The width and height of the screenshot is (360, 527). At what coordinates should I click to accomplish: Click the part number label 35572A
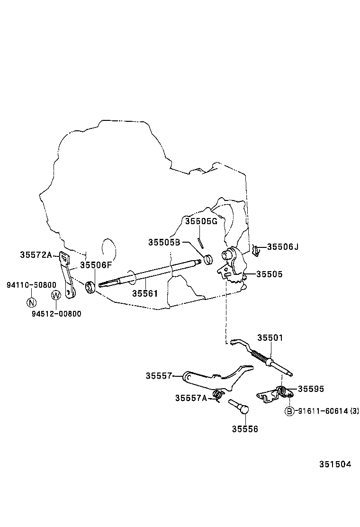pyautogui.click(x=36, y=254)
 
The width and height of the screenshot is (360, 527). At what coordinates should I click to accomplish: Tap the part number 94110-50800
pyautogui.click(x=31, y=285)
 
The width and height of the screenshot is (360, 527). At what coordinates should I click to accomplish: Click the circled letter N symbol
pyautogui.click(x=31, y=302)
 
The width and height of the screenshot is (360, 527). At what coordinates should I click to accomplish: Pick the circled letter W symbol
pyautogui.click(x=56, y=296)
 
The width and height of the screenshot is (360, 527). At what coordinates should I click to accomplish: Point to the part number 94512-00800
pyautogui.click(x=56, y=313)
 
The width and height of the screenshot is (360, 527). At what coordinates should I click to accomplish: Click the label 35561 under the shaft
pyautogui.click(x=144, y=293)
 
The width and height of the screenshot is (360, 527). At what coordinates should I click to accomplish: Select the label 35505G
pyautogui.click(x=201, y=221)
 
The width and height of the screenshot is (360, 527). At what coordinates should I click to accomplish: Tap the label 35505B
pyautogui.click(x=164, y=242)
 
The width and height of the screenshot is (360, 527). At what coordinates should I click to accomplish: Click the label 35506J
pyautogui.click(x=283, y=247)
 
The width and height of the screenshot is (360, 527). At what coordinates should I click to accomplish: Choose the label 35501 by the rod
pyautogui.click(x=270, y=338)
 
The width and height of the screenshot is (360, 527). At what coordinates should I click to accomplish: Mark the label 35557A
pyautogui.click(x=191, y=398)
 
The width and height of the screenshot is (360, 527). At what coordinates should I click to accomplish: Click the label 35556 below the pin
pyautogui.click(x=245, y=429)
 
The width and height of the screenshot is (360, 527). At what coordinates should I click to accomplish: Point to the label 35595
pyautogui.click(x=311, y=389)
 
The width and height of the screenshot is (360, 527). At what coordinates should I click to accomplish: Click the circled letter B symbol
pyautogui.click(x=289, y=411)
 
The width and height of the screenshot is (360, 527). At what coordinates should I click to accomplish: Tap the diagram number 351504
pyautogui.click(x=334, y=464)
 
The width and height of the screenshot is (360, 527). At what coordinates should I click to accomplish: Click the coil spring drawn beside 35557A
pyautogui.click(x=218, y=394)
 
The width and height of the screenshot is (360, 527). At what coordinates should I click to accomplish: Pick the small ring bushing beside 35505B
pyautogui.click(x=208, y=260)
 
